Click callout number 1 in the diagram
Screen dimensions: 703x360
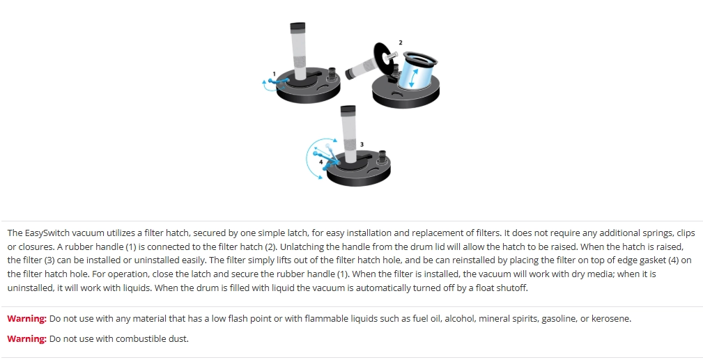tap(275, 74)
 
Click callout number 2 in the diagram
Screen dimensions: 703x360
tap(401, 42)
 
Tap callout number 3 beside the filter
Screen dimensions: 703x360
tap(362, 144)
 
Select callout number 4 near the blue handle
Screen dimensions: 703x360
tap(321, 162)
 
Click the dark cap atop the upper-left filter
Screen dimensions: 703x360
tap(298, 27)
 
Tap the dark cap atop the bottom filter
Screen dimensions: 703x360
tap(348, 110)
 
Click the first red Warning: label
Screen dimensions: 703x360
tap(27, 319)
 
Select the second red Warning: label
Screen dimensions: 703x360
tap(27, 339)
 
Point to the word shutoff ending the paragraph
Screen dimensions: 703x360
tap(513, 288)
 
